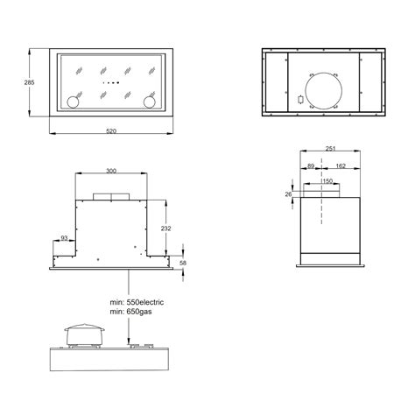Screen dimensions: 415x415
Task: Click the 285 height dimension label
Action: [x=29, y=82]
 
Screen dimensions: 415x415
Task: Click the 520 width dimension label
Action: [x=111, y=131]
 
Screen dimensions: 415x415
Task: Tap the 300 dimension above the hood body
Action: [x=111, y=171]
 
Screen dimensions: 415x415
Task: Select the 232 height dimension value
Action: [x=165, y=229]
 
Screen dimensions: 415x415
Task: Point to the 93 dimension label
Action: [x=64, y=238]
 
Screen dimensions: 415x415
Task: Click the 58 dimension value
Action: [x=183, y=263]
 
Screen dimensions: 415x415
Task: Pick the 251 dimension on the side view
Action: [x=330, y=149]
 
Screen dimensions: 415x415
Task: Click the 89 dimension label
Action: [x=311, y=166]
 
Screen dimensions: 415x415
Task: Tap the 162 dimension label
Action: [x=341, y=166]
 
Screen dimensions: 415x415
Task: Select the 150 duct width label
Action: [x=327, y=181]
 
